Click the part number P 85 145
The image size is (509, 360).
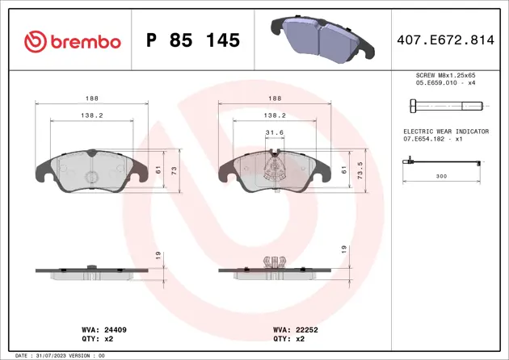coord(192,40)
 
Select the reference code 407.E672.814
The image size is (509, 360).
coord(449,40)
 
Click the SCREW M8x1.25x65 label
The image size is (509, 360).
coord(444,74)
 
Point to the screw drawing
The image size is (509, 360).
coord(445,106)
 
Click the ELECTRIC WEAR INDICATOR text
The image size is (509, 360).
coord(445,131)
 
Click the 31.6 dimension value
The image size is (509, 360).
coord(275,133)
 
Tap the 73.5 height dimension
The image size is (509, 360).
coord(360,171)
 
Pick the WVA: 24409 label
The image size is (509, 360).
coord(101,330)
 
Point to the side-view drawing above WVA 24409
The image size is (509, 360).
coord(92,270)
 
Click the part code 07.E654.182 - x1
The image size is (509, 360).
coord(433,139)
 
